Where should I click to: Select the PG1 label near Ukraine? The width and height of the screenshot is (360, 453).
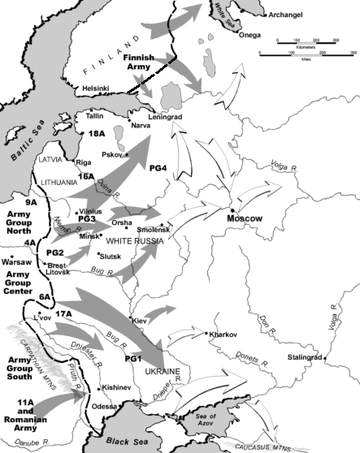[x=132, y=358]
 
